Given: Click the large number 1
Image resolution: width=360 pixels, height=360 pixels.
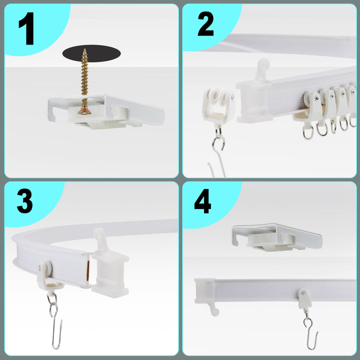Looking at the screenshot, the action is click(x=27, y=28).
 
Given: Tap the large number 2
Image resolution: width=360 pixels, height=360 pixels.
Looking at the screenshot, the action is click(x=205, y=24).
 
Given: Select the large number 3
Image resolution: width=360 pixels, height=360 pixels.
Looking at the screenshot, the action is click(x=25, y=201).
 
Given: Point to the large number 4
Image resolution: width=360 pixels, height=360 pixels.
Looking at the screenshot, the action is click(x=202, y=201).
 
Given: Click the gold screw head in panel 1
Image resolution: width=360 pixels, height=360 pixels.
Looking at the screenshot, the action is click(x=84, y=111).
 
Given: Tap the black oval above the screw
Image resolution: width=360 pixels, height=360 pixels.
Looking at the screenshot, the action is click(x=91, y=53).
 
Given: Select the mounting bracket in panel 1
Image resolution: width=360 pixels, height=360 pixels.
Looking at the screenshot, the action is click(x=106, y=111).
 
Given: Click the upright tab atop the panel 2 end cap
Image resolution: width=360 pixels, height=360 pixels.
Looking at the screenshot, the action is click(x=263, y=69).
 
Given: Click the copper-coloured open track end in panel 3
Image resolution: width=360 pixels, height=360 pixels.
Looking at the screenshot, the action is click(x=88, y=271).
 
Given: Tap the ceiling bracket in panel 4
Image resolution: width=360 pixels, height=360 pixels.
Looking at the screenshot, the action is click(x=277, y=237).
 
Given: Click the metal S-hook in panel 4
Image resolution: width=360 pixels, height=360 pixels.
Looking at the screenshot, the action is click(x=310, y=330).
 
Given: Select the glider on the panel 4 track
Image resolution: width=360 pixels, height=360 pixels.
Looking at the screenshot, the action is click(x=304, y=298).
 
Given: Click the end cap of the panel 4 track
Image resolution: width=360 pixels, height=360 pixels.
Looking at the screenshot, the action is click(x=206, y=294).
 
